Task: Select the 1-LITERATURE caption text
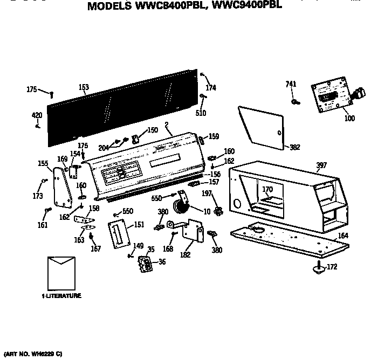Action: click(62, 296)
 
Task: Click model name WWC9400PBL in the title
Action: click(240, 8)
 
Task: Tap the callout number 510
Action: click(201, 113)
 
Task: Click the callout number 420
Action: click(37, 115)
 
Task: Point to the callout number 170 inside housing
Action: click(267, 189)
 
